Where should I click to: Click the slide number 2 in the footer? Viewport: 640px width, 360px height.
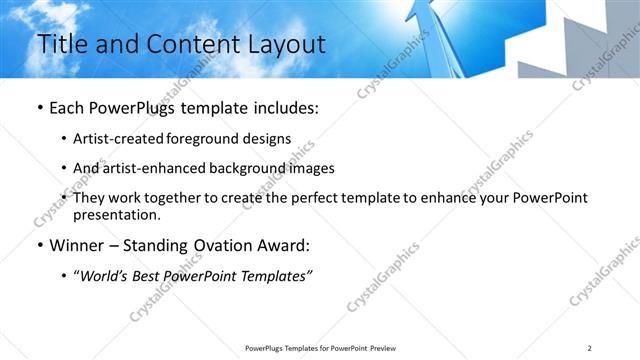[x=590, y=347]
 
